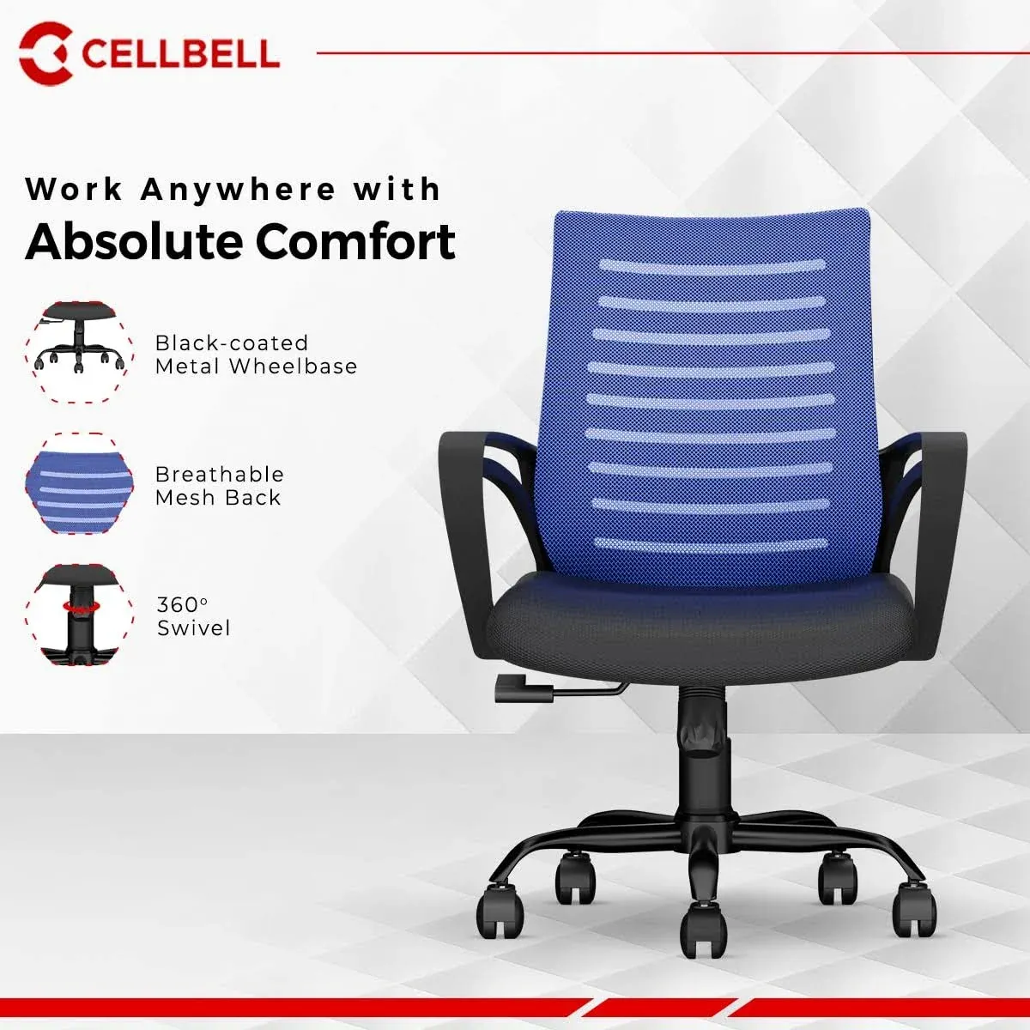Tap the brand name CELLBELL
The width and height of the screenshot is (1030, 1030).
[180, 53]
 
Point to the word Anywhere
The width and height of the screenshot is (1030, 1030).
[239, 190]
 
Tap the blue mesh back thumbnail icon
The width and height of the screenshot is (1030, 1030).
[79, 484]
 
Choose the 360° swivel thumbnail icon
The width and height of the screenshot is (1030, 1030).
[79, 615]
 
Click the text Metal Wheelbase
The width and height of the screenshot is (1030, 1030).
[256, 367]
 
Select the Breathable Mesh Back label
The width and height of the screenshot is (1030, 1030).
[219, 486]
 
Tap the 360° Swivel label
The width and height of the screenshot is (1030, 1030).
[193, 616]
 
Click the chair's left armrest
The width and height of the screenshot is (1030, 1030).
[463, 532]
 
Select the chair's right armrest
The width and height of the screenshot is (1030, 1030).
[944, 532]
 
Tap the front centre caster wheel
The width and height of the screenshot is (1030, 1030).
[704, 931]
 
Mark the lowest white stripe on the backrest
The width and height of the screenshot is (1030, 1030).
[712, 544]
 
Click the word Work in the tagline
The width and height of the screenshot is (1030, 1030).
[74, 190]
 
